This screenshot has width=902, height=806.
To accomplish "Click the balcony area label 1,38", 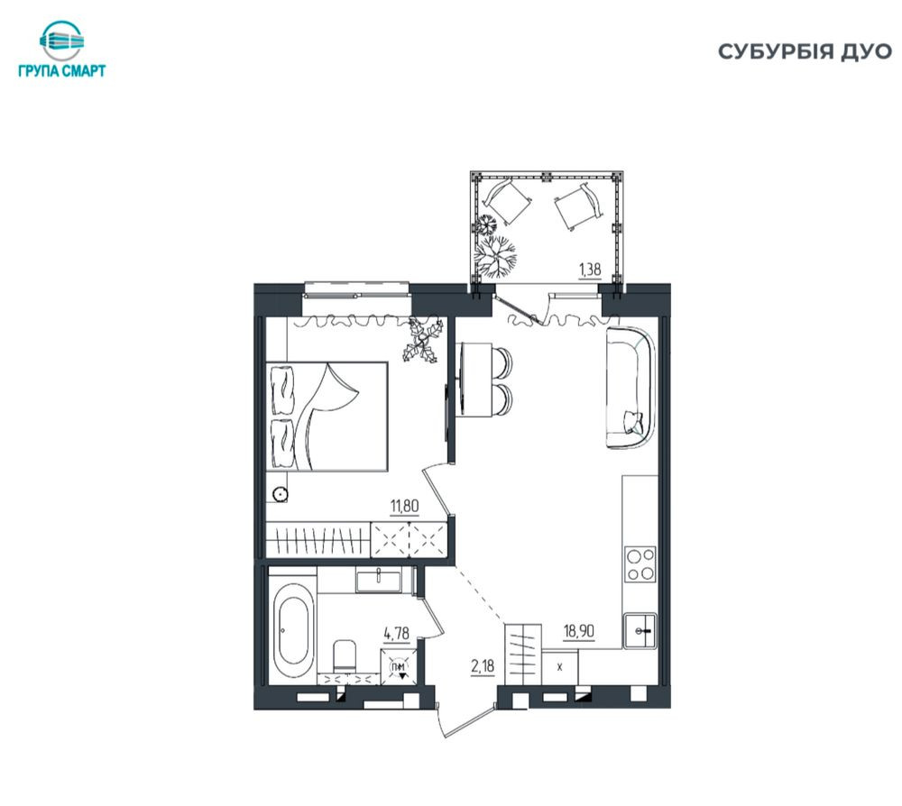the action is click(590, 269).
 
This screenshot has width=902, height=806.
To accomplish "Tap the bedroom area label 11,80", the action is click(404, 507).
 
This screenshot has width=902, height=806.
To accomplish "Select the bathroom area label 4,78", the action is click(396, 634).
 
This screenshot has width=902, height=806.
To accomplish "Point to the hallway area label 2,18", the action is click(483, 666).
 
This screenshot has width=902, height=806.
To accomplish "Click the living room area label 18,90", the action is click(579, 631).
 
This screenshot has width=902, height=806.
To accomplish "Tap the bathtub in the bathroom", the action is click(293, 630).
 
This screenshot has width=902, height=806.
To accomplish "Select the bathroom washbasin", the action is click(379, 579).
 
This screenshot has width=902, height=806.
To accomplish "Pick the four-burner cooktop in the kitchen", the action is click(640, 564).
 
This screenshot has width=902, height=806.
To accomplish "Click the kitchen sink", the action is click(640, 631).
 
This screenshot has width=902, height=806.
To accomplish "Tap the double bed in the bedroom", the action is click(327, 417).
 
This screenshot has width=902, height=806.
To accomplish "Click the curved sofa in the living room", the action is click(631, 388).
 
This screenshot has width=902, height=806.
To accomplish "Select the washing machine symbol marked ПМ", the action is click(398, 667).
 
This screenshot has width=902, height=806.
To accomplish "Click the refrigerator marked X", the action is click(560, 667).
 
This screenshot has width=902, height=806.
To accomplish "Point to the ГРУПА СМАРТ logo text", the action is click(62, 70).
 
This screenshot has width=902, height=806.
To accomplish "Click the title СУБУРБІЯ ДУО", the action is click(805, 51).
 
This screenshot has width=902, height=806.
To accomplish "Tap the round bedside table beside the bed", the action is click(281, 494).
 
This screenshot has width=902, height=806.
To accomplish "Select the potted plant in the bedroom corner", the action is click(423, 342).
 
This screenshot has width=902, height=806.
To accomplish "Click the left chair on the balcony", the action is click(506, 201).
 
